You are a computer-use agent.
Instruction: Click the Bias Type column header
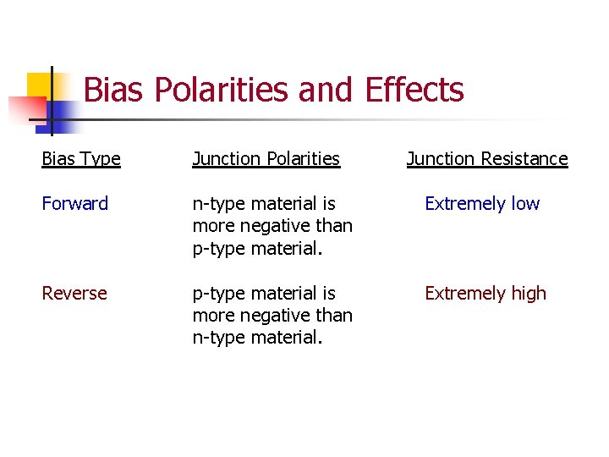pyautogui.click(x=81, y=159)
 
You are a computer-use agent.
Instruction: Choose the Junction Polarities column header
pyautogui.click(x=266, y=159)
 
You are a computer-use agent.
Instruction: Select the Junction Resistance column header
pyautogui.click(x=487, y=159)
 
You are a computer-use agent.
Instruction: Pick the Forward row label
pyautogui.click(x=75, y=204)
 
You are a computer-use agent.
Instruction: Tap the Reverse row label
pyautogui.click(x=74, y=294)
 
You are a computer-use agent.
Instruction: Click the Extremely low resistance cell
pyautogui.click(x=482, y=204)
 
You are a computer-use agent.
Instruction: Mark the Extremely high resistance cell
pyautogui.click(x=486, y=294)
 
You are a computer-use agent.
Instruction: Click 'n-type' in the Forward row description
pyautogui.click(x=217, y=204)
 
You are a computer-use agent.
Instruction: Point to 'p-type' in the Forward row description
pyautogui.click(x=217, y=249)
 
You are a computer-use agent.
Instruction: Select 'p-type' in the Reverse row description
pyautogui.click(x=217, y=294)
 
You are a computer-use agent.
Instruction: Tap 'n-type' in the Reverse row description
pyautogui.click(x=217, y=338)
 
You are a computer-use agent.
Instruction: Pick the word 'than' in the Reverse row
pyautogui.click(x=333, y=316)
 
